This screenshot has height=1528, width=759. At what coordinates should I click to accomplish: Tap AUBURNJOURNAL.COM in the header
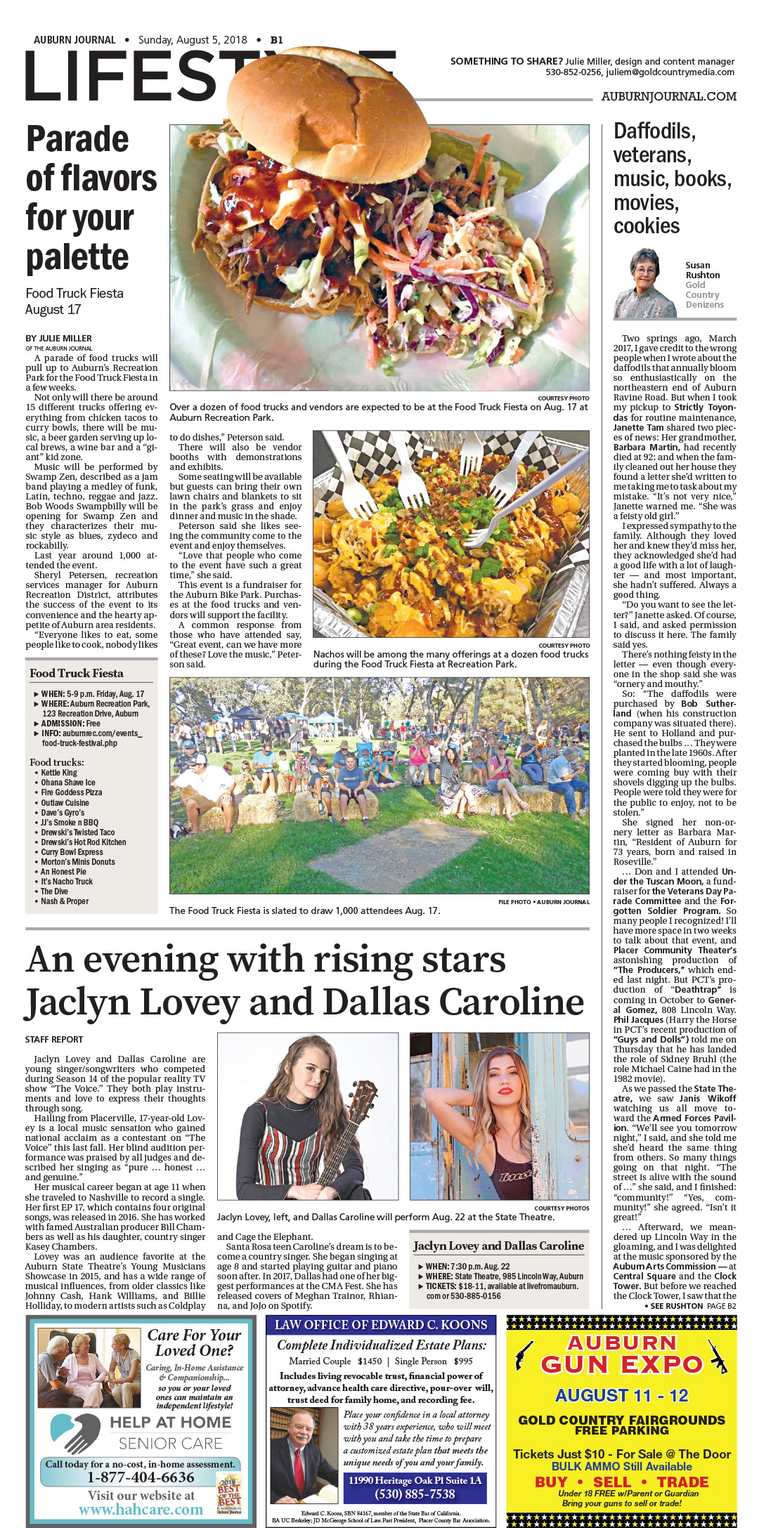[x=668, y=96]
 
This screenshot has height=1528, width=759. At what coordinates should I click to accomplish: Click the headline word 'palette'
[x=77, y=258]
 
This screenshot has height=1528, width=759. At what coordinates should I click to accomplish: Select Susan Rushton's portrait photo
[x=644, y=284]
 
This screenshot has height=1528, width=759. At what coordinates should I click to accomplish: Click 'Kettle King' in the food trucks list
[x=59, y=773]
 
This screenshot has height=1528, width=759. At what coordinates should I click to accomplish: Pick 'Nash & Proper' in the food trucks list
[x=65, y=901]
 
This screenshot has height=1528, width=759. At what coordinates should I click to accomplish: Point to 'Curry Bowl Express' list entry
[x=72, y=852]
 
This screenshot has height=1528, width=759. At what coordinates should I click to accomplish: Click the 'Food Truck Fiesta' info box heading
[x=76, y=673]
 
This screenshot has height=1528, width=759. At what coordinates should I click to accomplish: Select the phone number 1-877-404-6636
[x=141, y=1477]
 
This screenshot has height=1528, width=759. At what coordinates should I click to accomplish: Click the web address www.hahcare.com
[x=141, y=1510]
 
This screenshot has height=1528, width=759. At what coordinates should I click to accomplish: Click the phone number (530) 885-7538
[x=415, y=1494]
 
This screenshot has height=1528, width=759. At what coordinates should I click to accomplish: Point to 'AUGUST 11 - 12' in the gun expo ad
[x=621, y=1395]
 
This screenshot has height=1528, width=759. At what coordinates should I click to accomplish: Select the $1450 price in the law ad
[x=370, y=1361]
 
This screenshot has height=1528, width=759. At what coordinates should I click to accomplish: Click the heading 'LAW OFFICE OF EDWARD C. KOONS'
[x=381, y=1325]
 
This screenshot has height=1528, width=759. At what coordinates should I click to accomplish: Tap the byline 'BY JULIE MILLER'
[x=58, y=339]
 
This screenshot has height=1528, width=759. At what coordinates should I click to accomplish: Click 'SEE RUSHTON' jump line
[x=676, y=1306]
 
